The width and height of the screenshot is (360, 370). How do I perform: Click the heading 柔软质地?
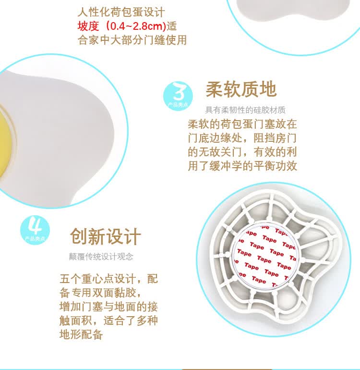click(x=241, y=89)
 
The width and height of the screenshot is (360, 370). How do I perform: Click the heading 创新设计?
click(x=106, y=236)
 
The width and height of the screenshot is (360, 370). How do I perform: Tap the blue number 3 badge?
click(x=178, y=96)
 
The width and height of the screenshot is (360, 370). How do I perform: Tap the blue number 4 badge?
click(x=35, y=230)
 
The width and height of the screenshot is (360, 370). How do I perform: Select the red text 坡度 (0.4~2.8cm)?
click(x=122, y=26)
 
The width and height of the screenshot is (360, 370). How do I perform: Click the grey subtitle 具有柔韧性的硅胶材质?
click(x=245, y=110)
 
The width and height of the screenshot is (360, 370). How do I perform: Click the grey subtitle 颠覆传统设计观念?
click(x=101, y=257)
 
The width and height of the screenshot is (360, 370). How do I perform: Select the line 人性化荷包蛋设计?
click(x=121, y=12)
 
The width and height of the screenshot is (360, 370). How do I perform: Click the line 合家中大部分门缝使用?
click(x=132, y=40)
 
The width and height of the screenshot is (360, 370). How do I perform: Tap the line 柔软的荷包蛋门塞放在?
click(x=242, y=124)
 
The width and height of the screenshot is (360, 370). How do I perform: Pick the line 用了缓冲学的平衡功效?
click(x=242, y=166)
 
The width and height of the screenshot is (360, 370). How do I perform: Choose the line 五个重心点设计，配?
click(x=109, y=279)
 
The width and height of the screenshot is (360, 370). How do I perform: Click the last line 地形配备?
click(x=81, y=334)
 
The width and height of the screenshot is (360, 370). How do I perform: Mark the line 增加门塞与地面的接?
click(x=109, y=307)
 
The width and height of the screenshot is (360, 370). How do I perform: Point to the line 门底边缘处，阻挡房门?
click(x=242, y=138)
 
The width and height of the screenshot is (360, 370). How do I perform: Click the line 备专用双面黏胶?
click(x=101, y=293)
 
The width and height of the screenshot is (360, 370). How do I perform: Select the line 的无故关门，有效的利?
click(x=242, y=152)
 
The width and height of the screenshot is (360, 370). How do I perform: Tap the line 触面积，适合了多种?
click(x=109, y=321)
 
